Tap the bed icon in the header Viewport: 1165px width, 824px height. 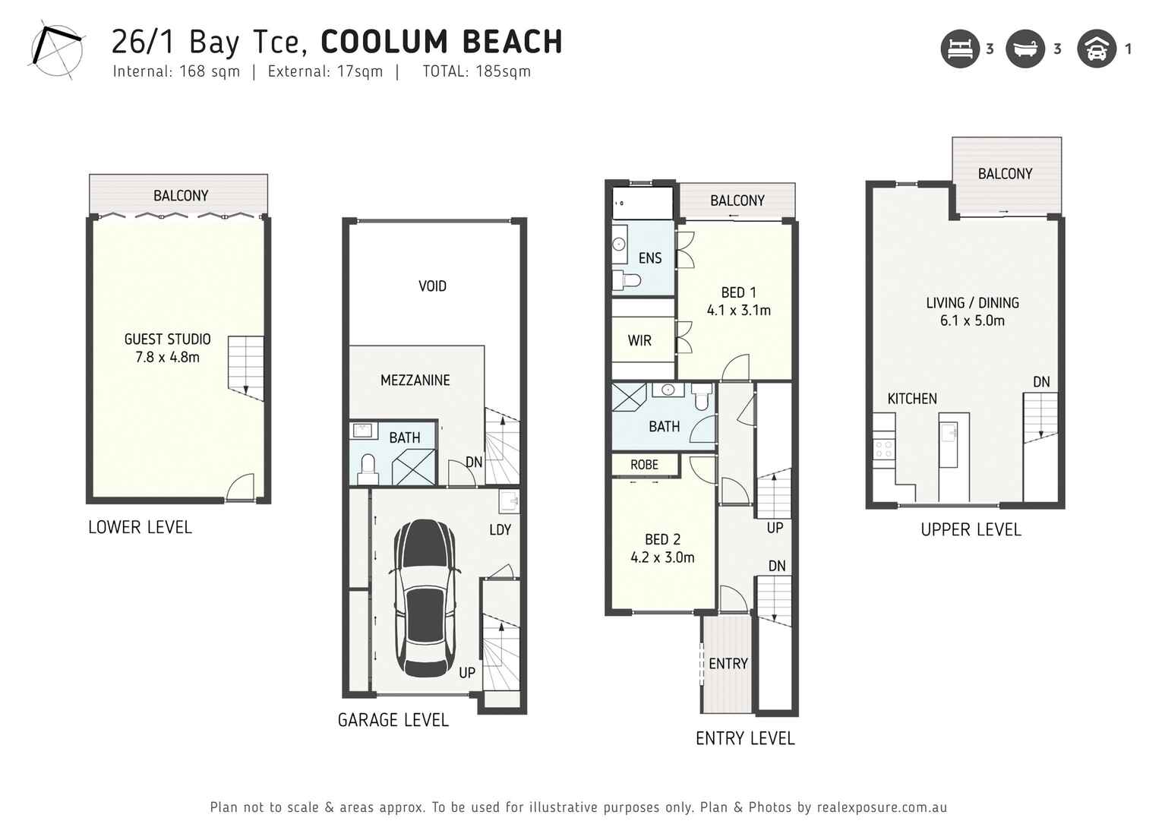(960, 49)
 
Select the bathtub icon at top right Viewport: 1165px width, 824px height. (1025, 49)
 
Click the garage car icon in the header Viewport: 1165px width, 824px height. (1096, 49)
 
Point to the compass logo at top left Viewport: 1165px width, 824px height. (56, 50)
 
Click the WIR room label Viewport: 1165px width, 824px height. (639, 341)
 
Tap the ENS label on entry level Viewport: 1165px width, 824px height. (649, 258)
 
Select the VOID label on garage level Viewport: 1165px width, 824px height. (432, 286)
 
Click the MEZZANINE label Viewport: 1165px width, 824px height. (415, 380)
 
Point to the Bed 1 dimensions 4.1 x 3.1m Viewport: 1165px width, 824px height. (738, 311)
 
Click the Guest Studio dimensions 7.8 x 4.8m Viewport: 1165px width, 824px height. (167, 358)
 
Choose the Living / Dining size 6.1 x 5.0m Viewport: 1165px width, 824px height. (972, 321)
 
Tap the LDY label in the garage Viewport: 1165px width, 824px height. (500, 530)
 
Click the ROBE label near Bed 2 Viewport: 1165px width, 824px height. (644, 465)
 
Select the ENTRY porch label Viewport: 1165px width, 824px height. (728, 664)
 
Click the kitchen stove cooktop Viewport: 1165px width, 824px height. (883, 449)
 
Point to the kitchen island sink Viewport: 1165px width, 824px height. (949, 432)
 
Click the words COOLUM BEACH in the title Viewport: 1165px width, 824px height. (441, 42)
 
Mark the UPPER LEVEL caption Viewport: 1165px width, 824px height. (971, 530)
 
